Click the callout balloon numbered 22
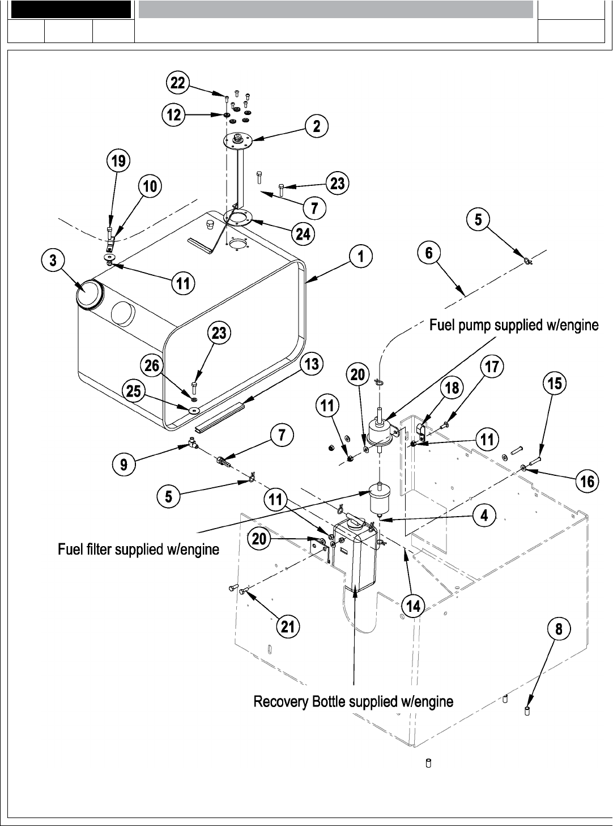click(x=178, y=83)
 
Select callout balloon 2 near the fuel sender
click(x=317, y=126)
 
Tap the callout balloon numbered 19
click(x=118, y=161)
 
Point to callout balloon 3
click(x=53, y=261)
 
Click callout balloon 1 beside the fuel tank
click(x=361, y=257)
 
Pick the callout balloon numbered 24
click(x=303, y=233)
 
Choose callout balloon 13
click(x=312, y=364)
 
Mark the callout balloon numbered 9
click(x=124, y=465)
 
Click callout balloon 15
click(x=555, y=384)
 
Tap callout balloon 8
click(x=559, y=629)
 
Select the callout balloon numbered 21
click(x=288, y=626)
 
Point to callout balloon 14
click(x=414, y=606)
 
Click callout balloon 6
click(x=429, y=253)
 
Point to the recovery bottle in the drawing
click(x=354, y=558)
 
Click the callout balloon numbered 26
click(x=152, y=366)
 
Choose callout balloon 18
click(x=452, y=388)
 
